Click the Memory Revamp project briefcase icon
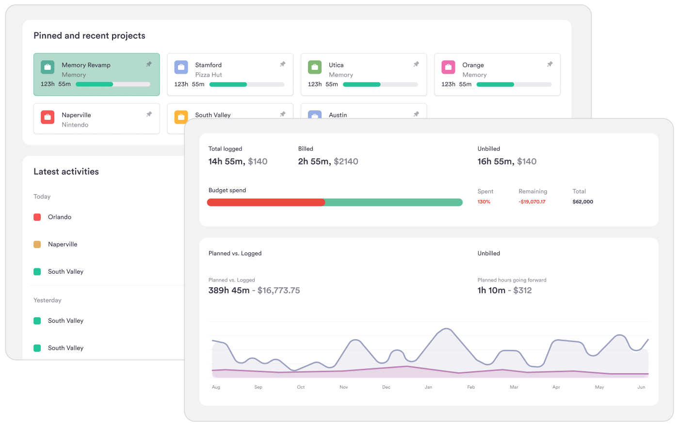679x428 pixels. tap(48, 67)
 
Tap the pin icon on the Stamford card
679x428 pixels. tap(283, 64)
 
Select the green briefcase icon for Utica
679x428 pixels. tap(315, 67)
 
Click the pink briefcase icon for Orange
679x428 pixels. tap(448, 67)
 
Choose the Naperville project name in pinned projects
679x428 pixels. tap(76, 115)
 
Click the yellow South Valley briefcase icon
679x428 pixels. tap(181, 117)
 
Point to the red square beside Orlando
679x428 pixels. tap(37, 217)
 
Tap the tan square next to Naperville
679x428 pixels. tap(37, 244)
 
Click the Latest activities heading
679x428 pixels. tap(66, 171)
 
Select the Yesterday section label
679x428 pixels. tap(48, 300)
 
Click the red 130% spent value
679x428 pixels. tap(484, 202)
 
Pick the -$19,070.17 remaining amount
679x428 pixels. tap(532, 202)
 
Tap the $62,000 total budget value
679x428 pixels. tap(582, 202)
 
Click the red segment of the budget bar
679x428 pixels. tap(266, 202)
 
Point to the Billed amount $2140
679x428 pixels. tap(346, 162)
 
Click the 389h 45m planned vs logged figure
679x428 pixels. tap(229, 290)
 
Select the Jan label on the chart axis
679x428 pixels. tap(428, 387)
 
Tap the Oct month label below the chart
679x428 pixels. tap(301, 387)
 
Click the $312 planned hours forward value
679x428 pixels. tap(522, 290)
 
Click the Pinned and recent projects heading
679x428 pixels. tap(89, 35)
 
